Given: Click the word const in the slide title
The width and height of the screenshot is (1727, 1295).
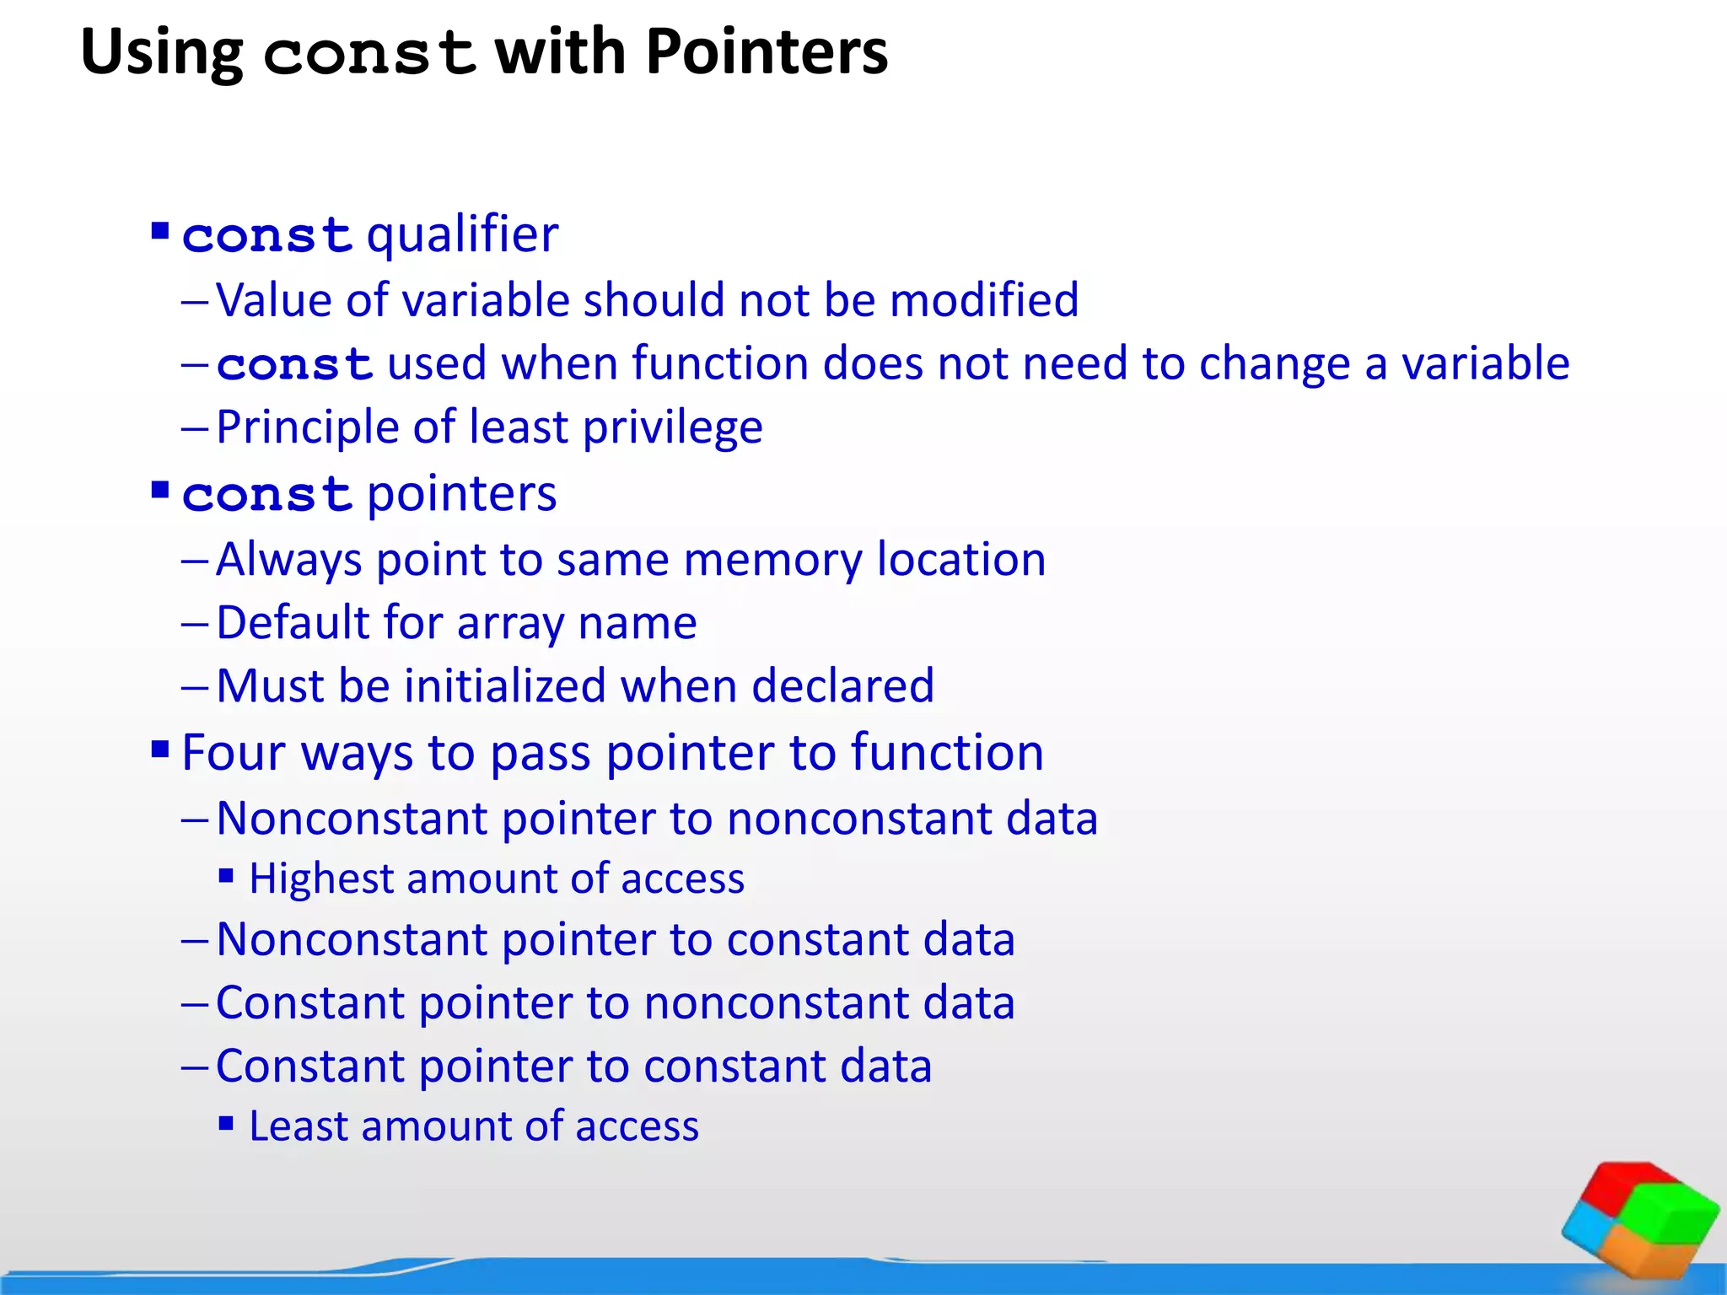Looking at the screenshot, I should (369, 54).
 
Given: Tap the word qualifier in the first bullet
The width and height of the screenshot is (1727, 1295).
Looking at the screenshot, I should (462, 234).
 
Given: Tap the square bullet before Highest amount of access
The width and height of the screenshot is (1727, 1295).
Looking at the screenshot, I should (226, 876).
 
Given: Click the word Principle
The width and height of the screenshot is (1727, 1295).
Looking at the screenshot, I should (307, 427).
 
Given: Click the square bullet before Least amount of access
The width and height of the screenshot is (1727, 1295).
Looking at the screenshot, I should (226, 1123).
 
